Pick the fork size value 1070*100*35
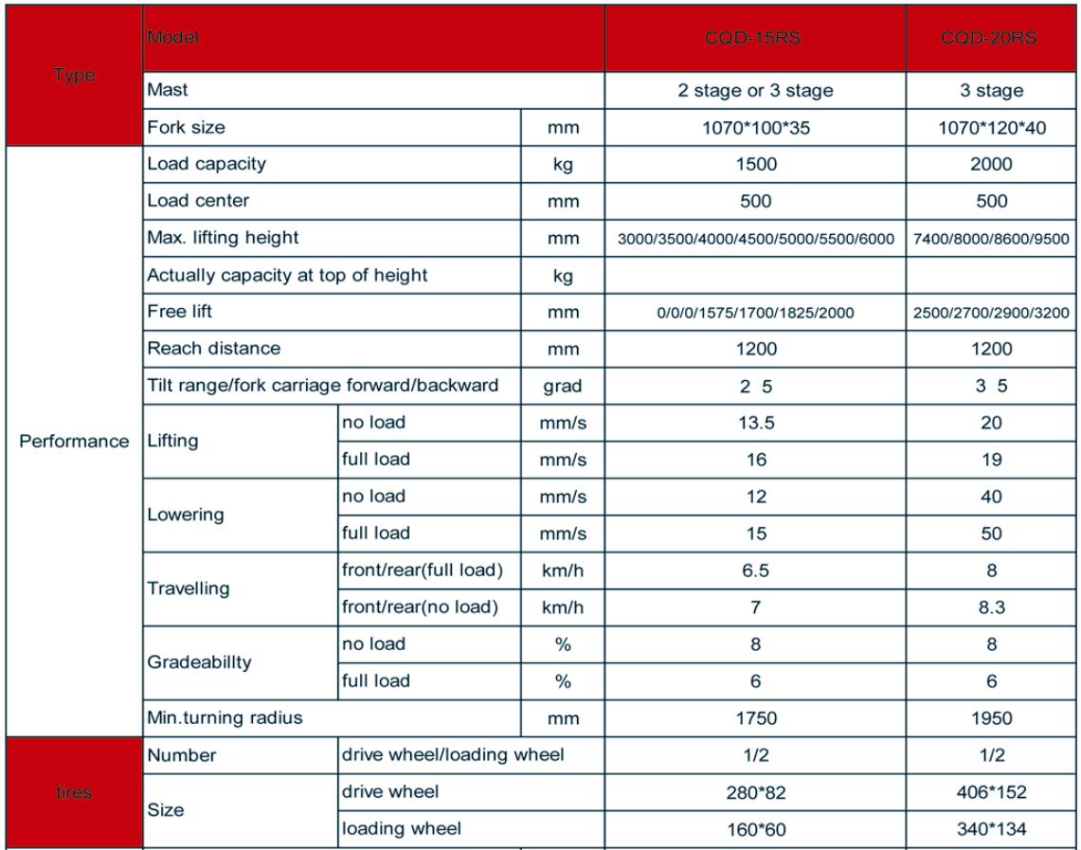755,128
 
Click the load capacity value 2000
992,163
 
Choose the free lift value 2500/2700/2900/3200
992,312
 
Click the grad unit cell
563,387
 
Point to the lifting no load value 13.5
755,424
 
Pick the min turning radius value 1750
755,718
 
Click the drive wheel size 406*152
992,792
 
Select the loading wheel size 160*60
755,830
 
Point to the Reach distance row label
213,349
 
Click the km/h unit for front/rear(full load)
563,571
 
